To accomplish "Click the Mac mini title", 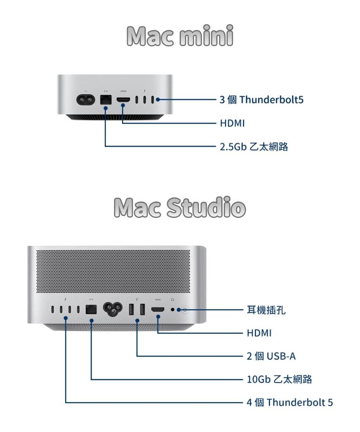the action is pos(180,35).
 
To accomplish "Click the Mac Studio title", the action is pos(180,207).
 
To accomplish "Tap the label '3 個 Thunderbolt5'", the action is pos(261,100).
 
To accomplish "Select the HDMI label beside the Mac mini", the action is pos(232,123).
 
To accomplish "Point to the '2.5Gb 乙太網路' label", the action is pos(254,146).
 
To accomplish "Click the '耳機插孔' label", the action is pos(266,310).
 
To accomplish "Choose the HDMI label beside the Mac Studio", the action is pos(259,333).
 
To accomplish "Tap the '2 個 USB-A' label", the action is pos(271,356).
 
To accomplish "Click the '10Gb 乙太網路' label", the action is pos(279,379).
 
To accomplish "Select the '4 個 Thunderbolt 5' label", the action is pos(290,402).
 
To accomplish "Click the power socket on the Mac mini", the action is pos(86,100).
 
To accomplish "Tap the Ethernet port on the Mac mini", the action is pos(106,100).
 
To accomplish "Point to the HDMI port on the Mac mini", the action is pos(123,100).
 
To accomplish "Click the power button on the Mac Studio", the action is pos(185,310).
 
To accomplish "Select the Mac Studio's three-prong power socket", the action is pos(112,309).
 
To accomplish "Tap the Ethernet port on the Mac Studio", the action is pos(91,309).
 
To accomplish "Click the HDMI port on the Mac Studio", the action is pos(158,309).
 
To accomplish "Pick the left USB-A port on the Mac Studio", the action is pos(132,309).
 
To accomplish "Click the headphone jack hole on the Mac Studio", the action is pos(173,309).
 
